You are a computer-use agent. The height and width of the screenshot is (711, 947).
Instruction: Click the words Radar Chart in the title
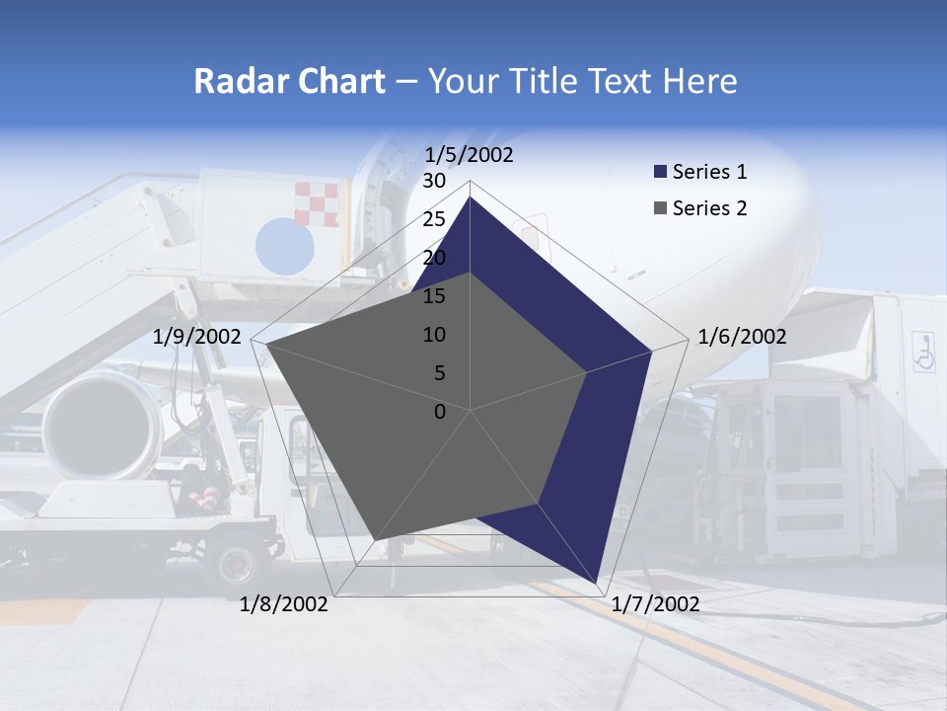[289, 81]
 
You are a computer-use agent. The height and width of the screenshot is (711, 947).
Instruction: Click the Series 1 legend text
[709, 172]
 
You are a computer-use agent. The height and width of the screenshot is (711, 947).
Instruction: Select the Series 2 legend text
[709, 208]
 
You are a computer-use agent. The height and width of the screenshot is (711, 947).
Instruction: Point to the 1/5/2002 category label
[470, 155]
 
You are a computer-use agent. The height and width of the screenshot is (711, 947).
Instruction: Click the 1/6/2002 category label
[742, 337]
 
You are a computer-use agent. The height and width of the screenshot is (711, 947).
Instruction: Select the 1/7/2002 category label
[655, 604]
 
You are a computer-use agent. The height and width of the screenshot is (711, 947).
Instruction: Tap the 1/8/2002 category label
[284, 604]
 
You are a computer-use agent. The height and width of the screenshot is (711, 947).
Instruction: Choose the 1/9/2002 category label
[197, 337]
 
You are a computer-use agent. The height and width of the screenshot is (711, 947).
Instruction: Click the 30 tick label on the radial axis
[434, 182]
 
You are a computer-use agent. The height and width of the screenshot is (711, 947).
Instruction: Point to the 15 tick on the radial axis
[434, 296]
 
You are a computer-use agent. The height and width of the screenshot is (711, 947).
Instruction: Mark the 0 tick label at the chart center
[440, 412]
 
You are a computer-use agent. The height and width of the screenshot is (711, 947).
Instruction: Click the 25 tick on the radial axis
[434, 219]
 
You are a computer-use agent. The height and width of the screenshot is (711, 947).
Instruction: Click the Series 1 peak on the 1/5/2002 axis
[470, 197]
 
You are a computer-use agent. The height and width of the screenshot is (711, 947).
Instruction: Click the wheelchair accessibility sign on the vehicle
[924, 352]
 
